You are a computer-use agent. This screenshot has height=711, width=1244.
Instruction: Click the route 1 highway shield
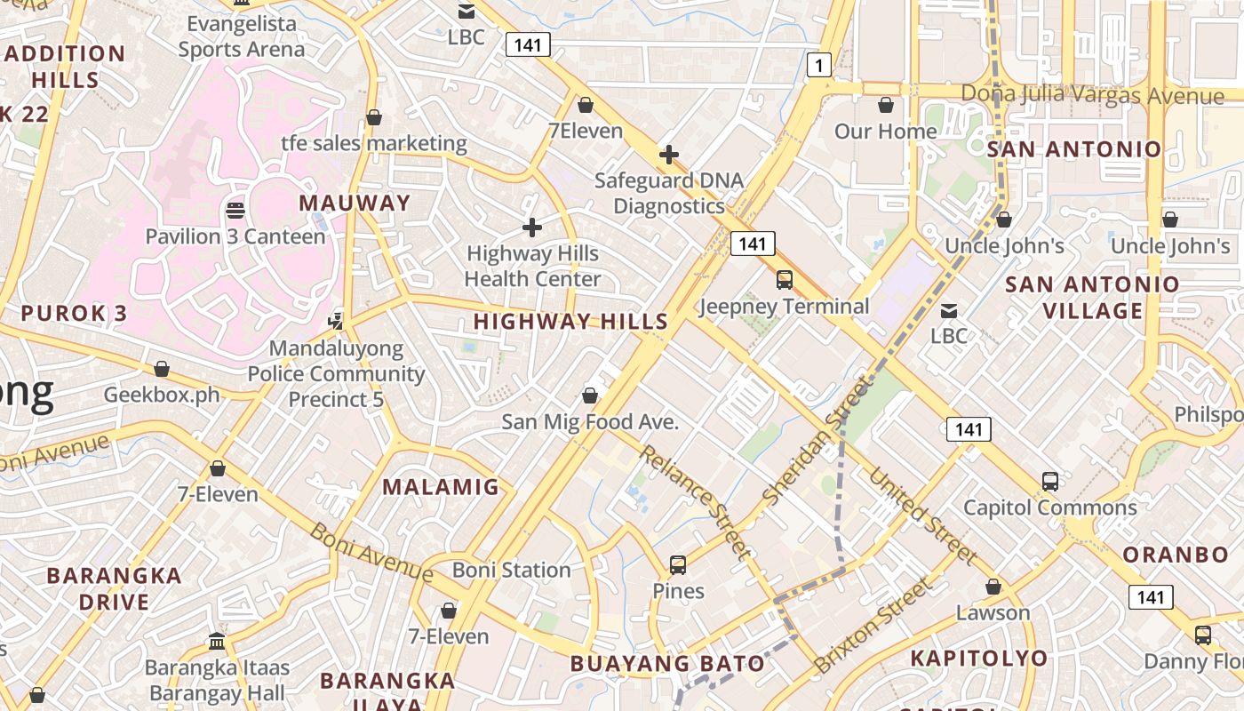(x=819, y=64)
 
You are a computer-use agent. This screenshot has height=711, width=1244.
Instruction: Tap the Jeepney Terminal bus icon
(x=784, y=280)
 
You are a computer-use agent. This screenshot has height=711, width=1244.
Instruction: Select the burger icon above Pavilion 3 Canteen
(x=235, y=211)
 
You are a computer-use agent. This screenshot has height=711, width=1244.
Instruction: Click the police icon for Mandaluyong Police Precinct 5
(x=336, y=321)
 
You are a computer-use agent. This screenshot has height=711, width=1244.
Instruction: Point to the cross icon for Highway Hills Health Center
(x=532, y=228)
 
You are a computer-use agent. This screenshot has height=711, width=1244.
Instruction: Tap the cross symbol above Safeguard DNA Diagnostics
(x=669, y=155)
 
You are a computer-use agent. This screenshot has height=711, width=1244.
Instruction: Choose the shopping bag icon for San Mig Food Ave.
(x=589, y=395)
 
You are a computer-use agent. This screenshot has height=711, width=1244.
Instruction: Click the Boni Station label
(x=512, y=570)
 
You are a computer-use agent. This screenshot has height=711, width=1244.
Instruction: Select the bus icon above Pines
(x=678, y=565)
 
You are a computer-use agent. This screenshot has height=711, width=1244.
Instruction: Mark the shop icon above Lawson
(x=993, y=587)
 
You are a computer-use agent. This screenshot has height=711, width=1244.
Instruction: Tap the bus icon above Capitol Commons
(x=1050, y=482)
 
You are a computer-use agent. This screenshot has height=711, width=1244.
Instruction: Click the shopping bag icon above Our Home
(x=885, y=106)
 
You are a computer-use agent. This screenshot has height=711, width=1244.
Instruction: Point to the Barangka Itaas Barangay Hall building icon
(x=217, y=641)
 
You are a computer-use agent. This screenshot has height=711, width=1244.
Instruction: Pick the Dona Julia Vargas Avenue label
(x=1093, y=94)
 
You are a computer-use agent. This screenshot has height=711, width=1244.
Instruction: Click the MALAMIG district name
(x=441, y=487)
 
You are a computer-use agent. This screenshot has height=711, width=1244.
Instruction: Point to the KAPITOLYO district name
(x=979, y=659)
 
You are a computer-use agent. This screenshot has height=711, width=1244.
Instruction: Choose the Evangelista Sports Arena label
(x=241, y=36)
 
